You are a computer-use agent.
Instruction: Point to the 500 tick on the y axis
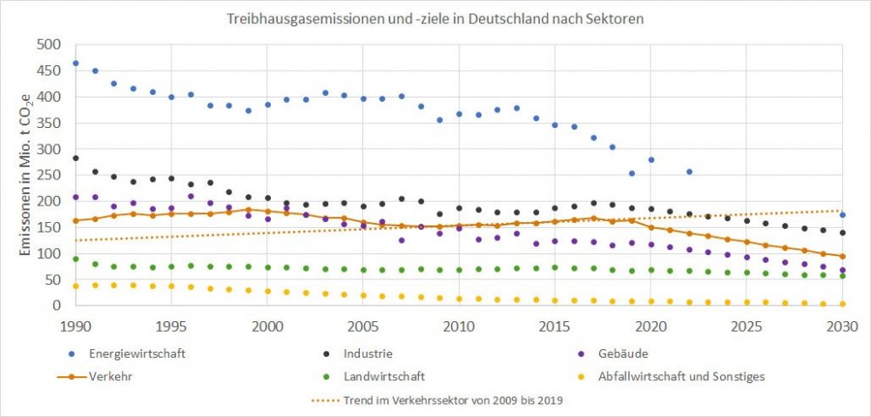click(x=49, y=44)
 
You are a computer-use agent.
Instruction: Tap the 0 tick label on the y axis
click(x=57, y=306)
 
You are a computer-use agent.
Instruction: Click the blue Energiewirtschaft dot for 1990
click(x=76, y=64)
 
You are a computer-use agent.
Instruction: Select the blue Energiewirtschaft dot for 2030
click(x=842, y=215)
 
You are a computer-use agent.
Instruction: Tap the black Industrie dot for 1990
click(x=76, y=158)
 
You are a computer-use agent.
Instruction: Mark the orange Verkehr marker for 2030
click(x=842, y=256)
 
